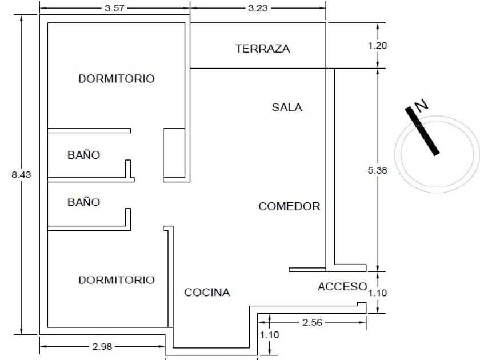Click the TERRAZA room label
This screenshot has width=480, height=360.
(262, 49)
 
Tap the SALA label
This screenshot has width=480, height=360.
(287, 107)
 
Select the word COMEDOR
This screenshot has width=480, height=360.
(289, 206)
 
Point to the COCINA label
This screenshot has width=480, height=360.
(207, 293)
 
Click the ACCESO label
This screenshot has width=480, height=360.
(342, 286)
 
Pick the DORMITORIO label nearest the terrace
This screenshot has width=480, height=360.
(117, 79)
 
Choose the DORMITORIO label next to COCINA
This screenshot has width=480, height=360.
(117, 280)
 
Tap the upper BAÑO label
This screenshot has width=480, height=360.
(83, 154)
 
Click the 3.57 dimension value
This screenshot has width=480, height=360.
(114, 8)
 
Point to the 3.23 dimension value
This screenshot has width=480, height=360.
(258, 8)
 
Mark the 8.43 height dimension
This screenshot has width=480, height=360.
(22, 175)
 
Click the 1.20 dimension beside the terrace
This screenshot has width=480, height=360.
(378, 46)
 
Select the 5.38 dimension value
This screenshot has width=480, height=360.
(378, 170)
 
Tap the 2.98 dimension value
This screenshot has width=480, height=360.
(102, 346)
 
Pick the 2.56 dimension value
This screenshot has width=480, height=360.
(312, 322)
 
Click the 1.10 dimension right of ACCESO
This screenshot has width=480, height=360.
(378, 293)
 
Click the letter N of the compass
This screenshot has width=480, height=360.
(421, 105)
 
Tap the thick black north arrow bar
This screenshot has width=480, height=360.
(422, 131)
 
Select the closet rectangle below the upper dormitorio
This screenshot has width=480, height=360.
(174, 153)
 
